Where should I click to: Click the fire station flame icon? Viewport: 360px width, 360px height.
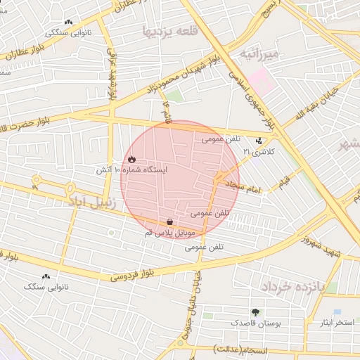[x=131, y=160]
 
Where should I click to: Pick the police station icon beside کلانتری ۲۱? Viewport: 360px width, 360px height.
[x=259, y=140]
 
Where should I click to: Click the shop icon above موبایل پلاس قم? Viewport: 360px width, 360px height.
[x=171, y=221]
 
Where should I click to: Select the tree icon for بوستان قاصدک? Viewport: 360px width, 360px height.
[x=255, y=312]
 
